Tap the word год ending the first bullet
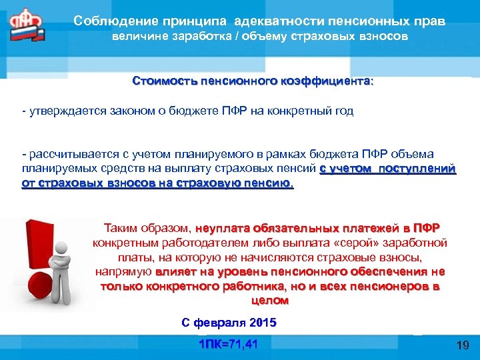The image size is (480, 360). coord(343,111)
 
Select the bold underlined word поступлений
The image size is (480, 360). coord(417,169)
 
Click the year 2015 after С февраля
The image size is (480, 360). coord(263,323)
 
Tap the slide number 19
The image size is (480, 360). coord(463,345)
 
